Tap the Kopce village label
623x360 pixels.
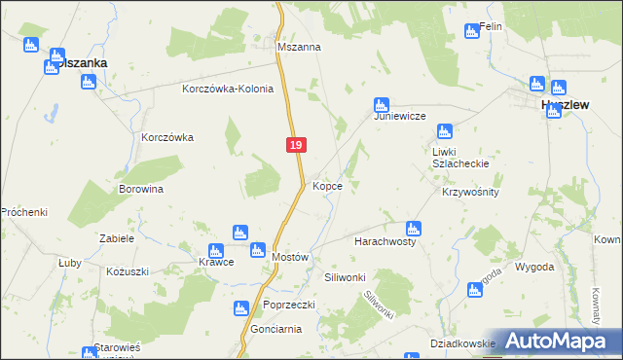(x=327, y=185)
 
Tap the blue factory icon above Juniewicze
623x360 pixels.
(x=382, y=104)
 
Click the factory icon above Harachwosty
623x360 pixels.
(x=413, y=229)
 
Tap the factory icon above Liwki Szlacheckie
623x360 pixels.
(x=445, y=131)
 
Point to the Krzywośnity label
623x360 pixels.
(x=470, y=192)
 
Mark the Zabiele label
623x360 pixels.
(x=116, y=237)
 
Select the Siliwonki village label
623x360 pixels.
(x=345, y=277)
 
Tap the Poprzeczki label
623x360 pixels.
(x=288, y=305)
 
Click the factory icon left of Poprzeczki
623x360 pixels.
(x=240, y=309)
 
